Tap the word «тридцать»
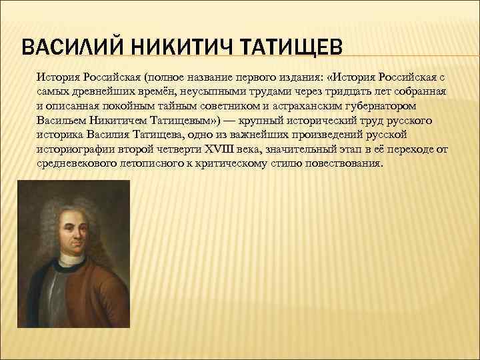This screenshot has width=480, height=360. pyautogui.click(x=323, y=91)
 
